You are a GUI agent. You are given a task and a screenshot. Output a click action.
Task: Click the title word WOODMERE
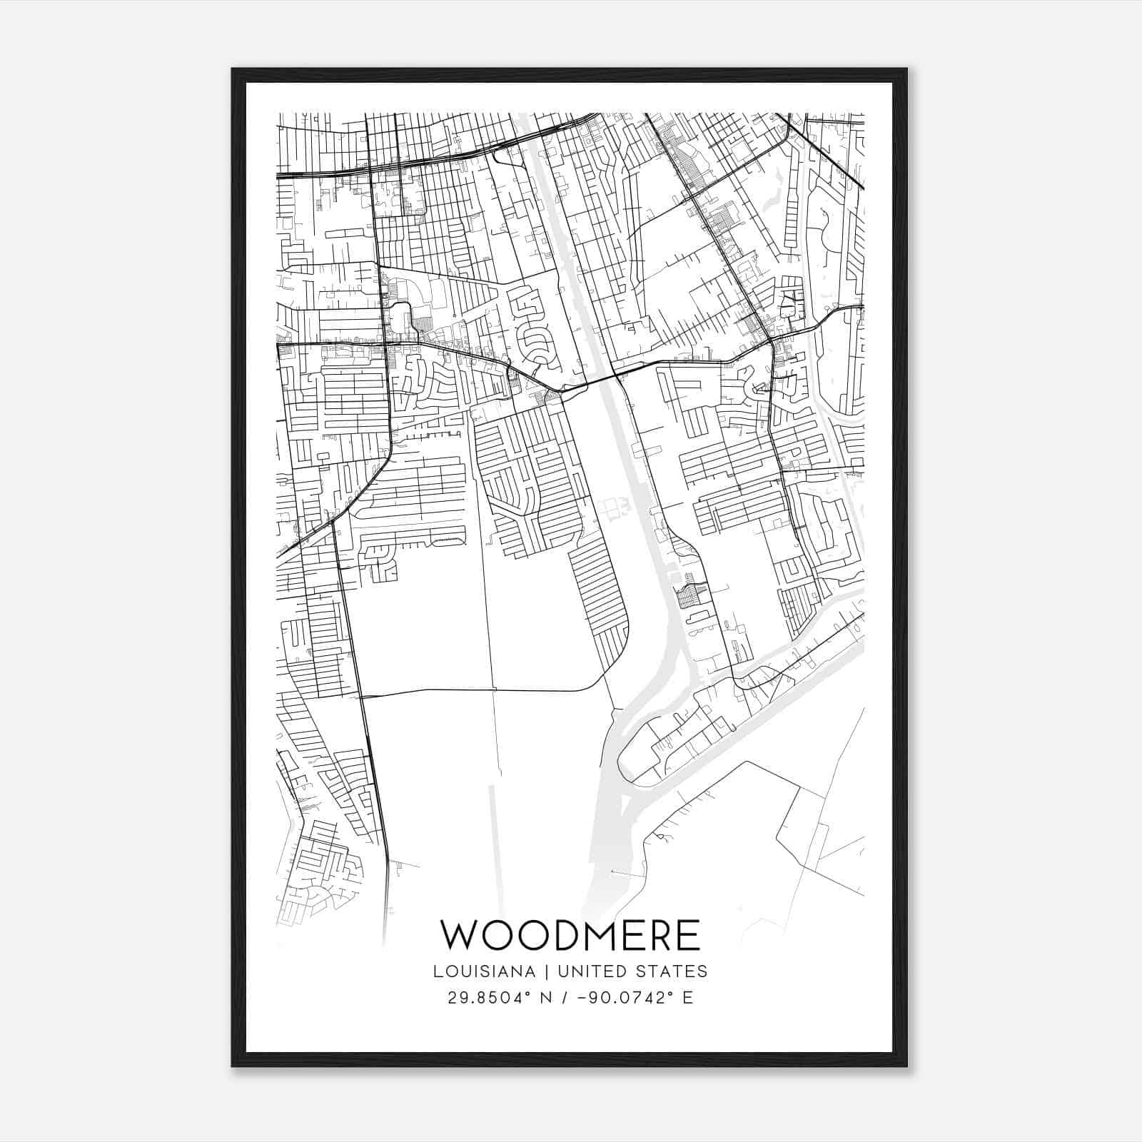pos(570,936)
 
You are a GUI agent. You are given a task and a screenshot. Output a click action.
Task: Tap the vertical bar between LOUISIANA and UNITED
pos(546,971)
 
